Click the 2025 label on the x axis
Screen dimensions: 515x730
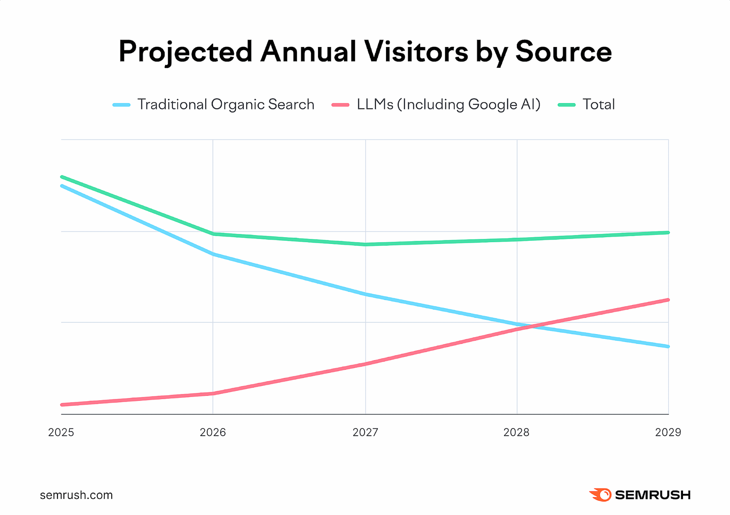point(61,432)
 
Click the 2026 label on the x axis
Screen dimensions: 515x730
point(213,432)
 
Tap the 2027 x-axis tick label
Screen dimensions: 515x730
point(365,432)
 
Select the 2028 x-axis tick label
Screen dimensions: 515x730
point(516,432)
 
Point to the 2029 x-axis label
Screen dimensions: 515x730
point(668,432)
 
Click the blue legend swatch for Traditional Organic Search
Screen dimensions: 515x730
point(122,105)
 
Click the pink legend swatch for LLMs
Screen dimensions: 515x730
point(340,105)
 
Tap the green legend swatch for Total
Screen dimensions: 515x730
point(566,105)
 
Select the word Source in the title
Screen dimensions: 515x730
point(564,52)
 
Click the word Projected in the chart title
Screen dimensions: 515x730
point(186,52)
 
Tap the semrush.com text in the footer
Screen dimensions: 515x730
point(76,495)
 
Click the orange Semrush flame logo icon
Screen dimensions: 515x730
point(601,495)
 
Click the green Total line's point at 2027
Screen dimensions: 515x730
point(365,244)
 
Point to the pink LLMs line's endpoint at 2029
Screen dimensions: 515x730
point(668,300)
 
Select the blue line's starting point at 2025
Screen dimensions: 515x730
point(62,186)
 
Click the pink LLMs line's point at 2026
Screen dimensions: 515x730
point(213,394)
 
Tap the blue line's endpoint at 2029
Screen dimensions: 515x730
point(668,346)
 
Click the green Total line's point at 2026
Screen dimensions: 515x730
point(213,234)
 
